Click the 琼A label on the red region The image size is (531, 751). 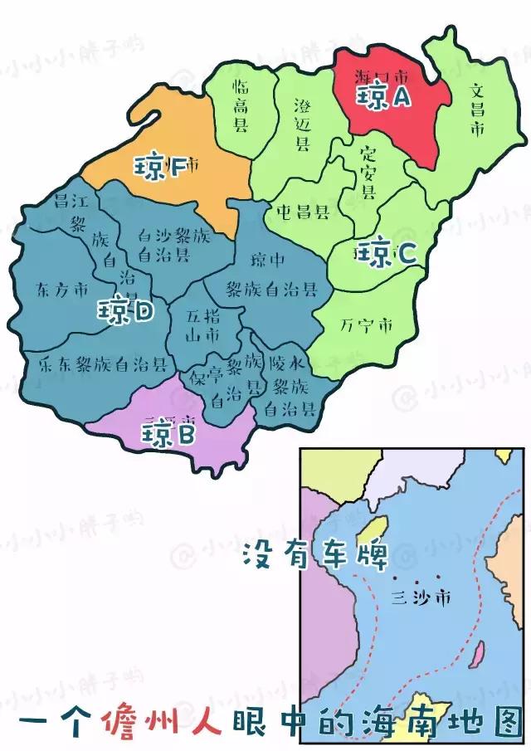[x=383, y=97]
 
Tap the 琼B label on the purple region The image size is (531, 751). [x=168, y=432]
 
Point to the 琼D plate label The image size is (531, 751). [x=125, y=311]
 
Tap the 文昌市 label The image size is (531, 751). [x=476, y=109]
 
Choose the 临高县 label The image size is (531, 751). [x=241, y=106]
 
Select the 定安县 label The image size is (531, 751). [x=368, y=172]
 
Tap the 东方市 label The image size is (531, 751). [x=62, y=290]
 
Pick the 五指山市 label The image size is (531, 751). [x=202, y=326]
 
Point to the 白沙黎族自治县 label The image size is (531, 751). [x=174, y=245]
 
